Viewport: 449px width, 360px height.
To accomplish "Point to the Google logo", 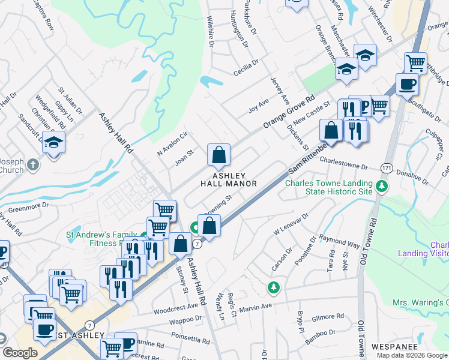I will (x=20, y=353).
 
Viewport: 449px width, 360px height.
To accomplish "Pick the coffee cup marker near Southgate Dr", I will (x=407, y=84).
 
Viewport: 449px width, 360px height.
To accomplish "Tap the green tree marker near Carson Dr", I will (x=274, y=288).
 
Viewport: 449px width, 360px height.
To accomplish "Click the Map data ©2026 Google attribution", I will (x=411, y=355).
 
